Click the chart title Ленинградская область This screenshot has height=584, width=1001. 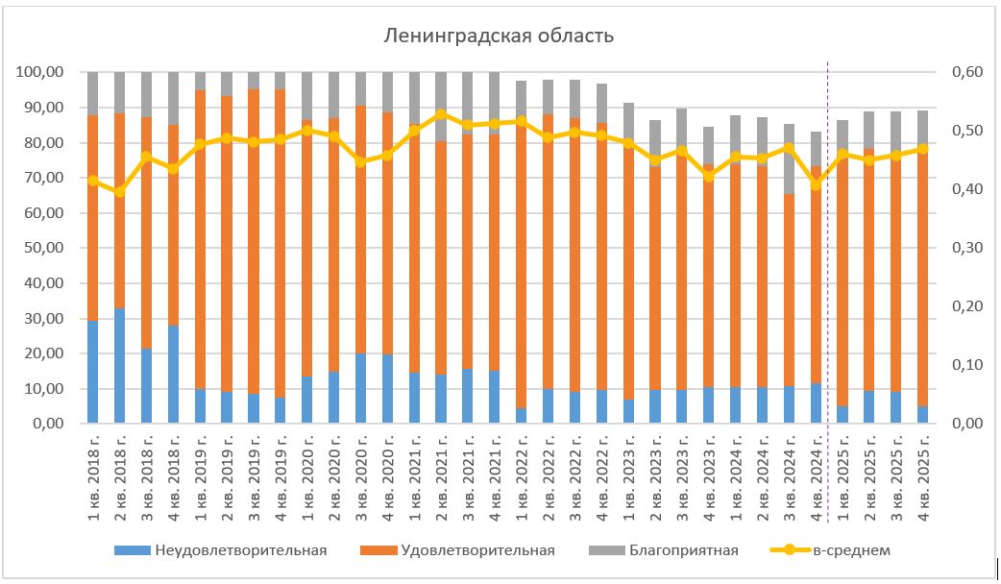pos(499,36)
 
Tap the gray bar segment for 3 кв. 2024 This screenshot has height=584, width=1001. pos(788,158)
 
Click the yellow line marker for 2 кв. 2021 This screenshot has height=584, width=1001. pos(441,114)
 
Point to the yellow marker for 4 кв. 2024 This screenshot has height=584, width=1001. pos(816,184)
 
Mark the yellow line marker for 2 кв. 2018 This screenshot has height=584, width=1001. pos(120,192)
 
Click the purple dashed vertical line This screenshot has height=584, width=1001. pos(828,288)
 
